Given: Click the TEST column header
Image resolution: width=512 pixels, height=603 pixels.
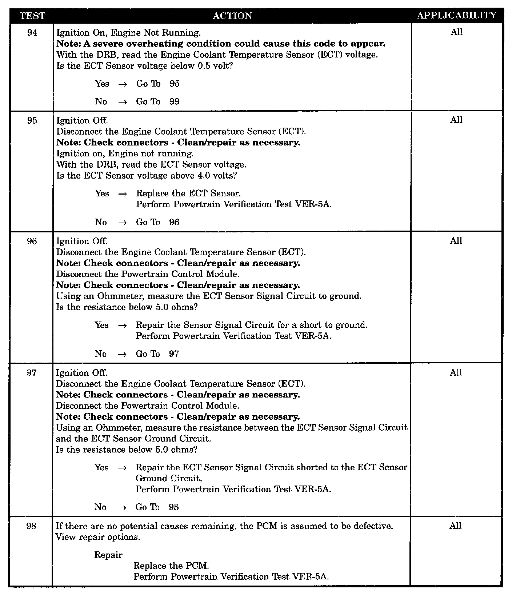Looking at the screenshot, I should coord(32,16).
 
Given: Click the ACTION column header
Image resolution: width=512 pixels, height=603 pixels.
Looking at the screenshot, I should coord(232,16).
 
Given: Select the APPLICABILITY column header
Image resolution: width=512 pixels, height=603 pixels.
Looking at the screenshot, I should coord(456,15).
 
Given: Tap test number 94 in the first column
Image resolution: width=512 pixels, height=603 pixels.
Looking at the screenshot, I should coord(32,33).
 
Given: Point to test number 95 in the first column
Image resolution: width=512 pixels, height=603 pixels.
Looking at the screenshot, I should coord(32,120).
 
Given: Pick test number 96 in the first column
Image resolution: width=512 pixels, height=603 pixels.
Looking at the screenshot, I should coord(32,241).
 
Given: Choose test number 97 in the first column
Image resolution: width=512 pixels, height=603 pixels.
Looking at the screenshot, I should coord(32,373).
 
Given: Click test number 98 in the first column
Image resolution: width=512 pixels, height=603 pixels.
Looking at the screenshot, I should coord(31,526).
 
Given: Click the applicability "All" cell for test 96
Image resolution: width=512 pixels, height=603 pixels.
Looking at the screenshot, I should coord(456,241).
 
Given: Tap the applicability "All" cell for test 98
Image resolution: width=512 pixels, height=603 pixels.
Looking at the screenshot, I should coord(455,526).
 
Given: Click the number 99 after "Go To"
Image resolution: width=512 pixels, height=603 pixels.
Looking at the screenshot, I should coord(175,101).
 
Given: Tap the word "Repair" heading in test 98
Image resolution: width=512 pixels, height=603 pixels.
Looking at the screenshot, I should coord(108,555).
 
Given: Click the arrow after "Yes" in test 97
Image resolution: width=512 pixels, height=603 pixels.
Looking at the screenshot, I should coord(123,468).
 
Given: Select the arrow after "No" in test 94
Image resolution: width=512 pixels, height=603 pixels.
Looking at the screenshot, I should coord(123,102).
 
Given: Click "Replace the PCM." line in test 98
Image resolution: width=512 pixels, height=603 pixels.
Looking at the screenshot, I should coord(171,566).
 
